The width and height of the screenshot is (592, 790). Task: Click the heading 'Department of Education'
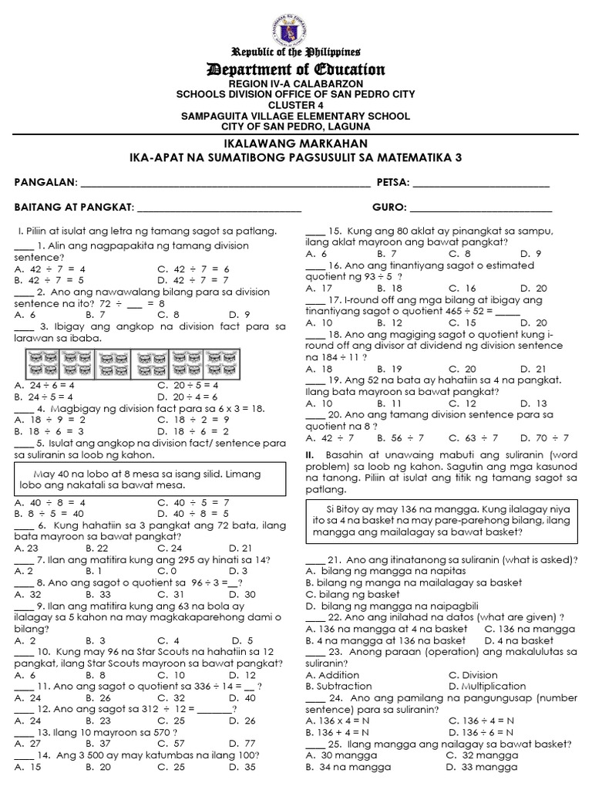tap(296, 70)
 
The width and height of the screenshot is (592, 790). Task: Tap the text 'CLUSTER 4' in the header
tap(296, 105)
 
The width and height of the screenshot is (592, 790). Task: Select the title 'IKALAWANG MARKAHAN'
tap(296, 144)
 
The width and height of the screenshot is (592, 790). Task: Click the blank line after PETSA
tap(482, 184)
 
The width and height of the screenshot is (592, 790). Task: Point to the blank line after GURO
tap(480, 208)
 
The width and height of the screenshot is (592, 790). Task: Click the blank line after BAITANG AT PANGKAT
tap(218, 208)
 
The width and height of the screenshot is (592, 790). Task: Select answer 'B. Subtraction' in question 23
tap(339, 685)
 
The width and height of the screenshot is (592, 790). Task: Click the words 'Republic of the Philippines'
tap(296, 52)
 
